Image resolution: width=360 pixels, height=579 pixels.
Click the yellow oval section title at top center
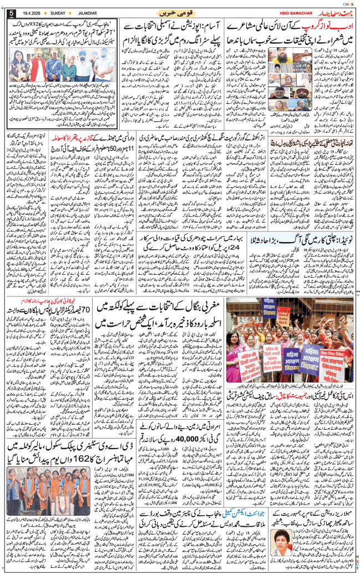(180, 11)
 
